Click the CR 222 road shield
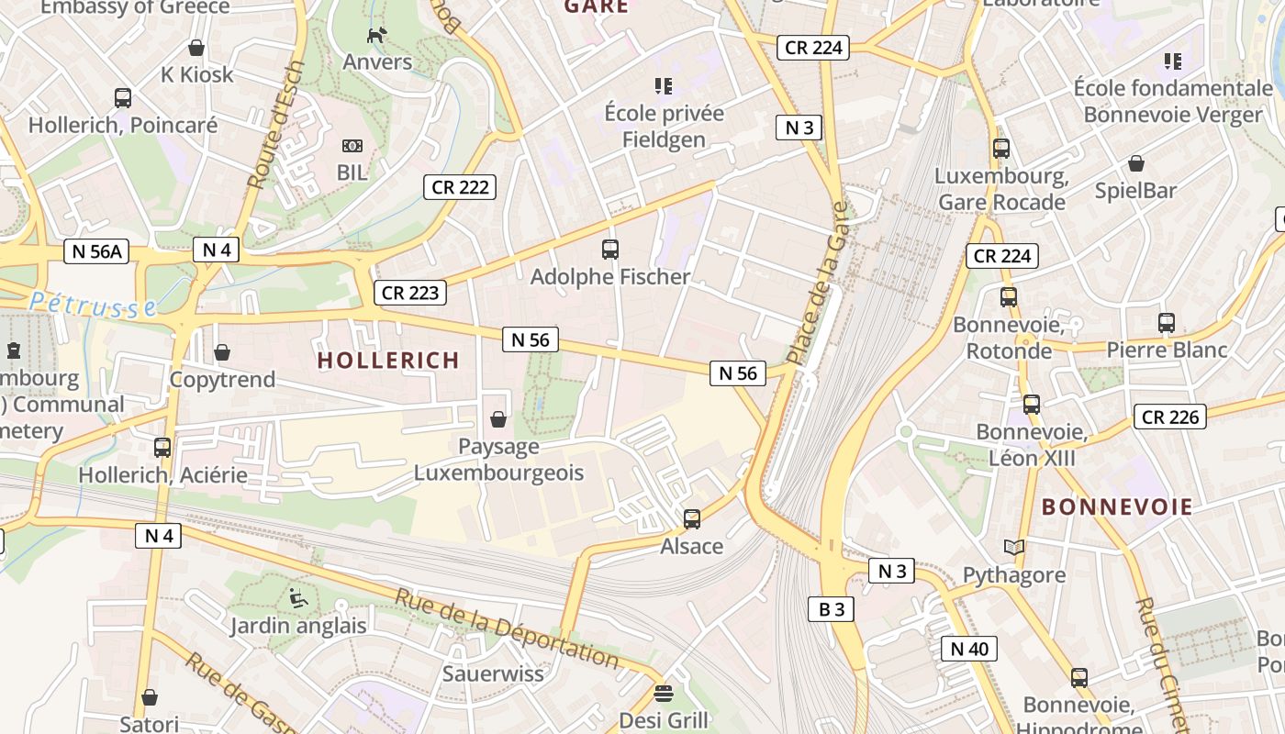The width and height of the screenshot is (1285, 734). coord(460,187)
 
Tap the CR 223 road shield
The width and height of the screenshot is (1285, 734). coord(410,293)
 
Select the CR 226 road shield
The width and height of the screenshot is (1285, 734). coord(1169,417)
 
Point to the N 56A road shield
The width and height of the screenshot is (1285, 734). coord(98,251)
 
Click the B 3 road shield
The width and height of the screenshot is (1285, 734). coord(831,608)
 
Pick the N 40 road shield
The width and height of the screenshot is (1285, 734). coord(968,649)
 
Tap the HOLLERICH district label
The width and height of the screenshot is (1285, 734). coord(388,361)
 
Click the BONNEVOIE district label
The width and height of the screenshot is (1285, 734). coord(1117,506)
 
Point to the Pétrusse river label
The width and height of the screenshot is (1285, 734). coord(92,305)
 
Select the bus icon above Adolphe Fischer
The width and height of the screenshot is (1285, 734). coord(610,249)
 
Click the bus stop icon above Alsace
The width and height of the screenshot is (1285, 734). coord(692,519)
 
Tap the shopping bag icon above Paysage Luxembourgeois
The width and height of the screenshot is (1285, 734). coord(498,419)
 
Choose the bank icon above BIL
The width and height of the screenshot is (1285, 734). coord(352,146)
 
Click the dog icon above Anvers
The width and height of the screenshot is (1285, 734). coord(376,36)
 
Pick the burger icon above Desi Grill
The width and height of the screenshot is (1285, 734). coord(664,693)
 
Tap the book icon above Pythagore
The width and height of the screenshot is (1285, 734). coord(1013,548)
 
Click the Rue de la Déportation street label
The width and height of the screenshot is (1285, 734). coord(507,627)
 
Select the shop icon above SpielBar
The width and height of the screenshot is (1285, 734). coord(1135,163)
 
